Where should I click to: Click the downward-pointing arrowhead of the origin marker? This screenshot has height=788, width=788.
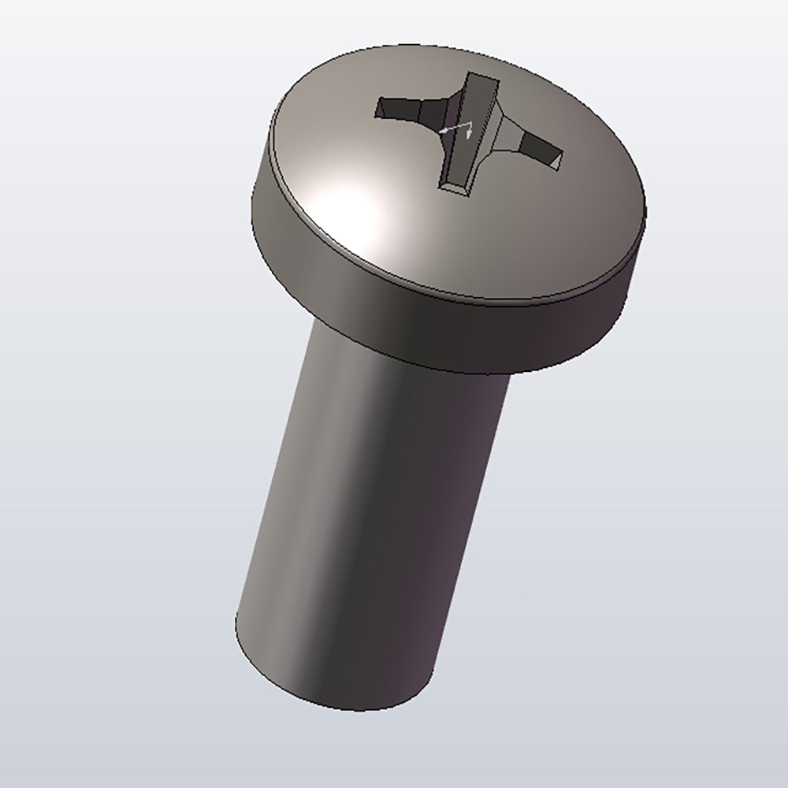click(x=469, y=135)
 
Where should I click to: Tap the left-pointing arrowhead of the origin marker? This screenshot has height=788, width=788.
click(x=444, y=128)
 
